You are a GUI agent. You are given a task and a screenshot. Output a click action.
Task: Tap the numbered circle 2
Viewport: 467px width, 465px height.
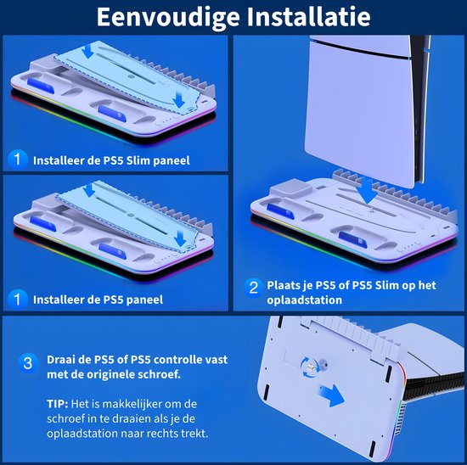point(253,288)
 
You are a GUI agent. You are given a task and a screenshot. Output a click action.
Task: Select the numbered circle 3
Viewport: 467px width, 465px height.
point(28,364)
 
